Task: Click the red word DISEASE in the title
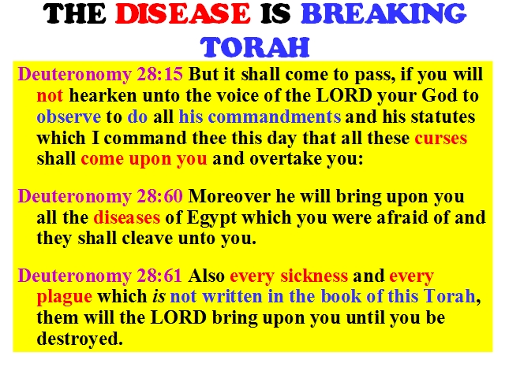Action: [x=182, y=14]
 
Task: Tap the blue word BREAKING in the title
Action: [x=383, y=14]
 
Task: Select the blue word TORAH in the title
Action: [x=255, y=47]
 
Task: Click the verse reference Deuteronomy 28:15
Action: [x=100, y=75]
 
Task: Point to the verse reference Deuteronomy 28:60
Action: [x=100, y=196]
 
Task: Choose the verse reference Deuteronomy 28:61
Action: [x=100, y=276]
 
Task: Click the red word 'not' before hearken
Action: [x=50, y=96]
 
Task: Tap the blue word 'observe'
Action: [x=69, y=117]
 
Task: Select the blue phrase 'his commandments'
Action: [x=260, y=117]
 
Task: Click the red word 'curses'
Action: [x=440, y=139]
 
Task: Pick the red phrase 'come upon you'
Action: [x=144, y=159]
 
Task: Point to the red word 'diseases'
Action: [x=126, y=217]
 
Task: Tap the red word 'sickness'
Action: [x=314, y=276]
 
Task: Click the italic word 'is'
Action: [x=159, y=296]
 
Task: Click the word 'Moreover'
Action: [x=230, y=196]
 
